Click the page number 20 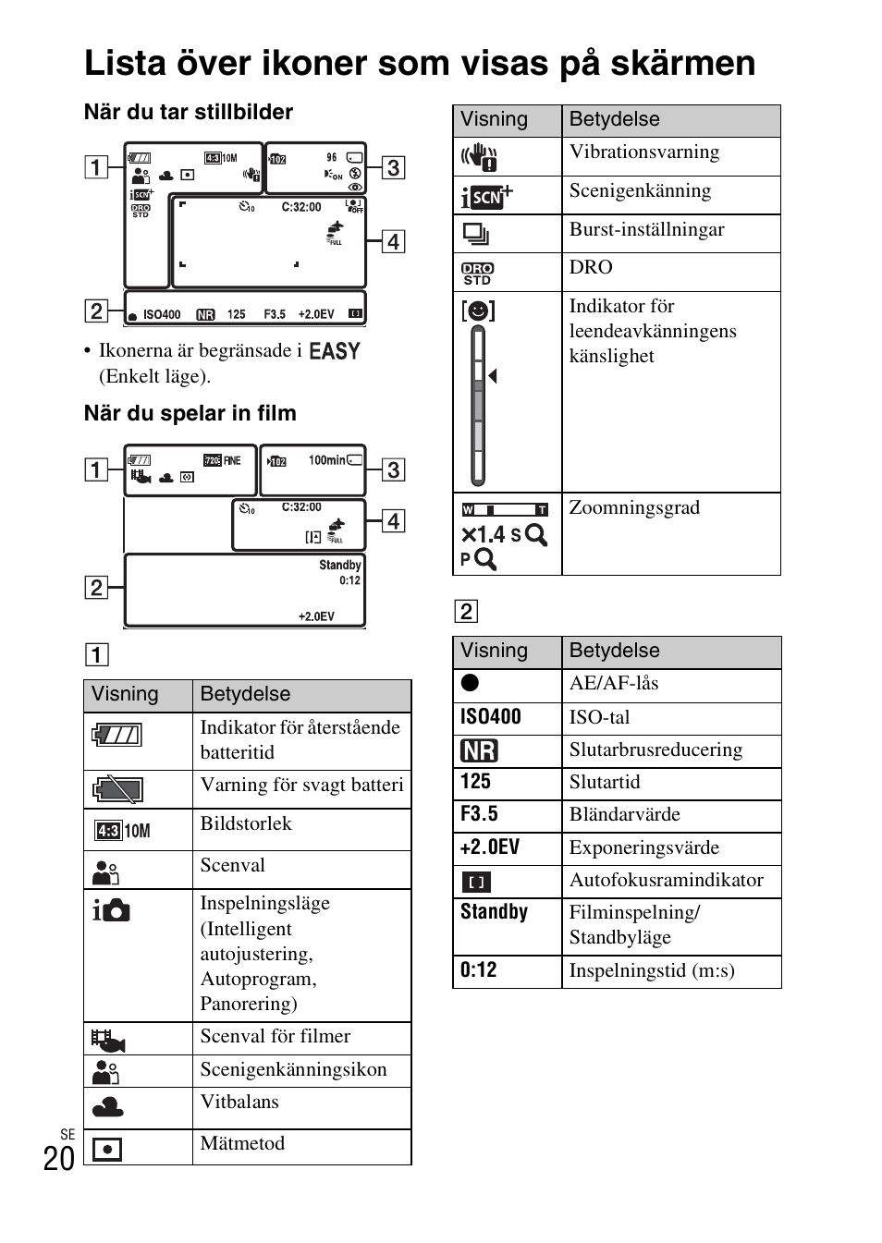[59, 1158]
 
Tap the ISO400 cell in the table [491, 717]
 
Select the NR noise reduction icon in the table [479, 750]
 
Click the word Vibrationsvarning [643, 152]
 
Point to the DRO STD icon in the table [477, 273]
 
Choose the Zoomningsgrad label [634, 507]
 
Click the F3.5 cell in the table [479, 814]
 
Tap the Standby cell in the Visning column [494, 912]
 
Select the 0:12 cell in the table [478, 970]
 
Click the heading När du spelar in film [190, 413]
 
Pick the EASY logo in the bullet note [334, 351]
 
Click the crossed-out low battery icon [117, 790]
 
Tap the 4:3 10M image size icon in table [122, 831]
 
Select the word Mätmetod [242, 1143]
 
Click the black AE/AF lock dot [470, 683]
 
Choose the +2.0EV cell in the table [490, 847]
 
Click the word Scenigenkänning [640, 191]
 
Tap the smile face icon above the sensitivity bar [478, 311]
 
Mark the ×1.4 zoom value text [483, 535]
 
